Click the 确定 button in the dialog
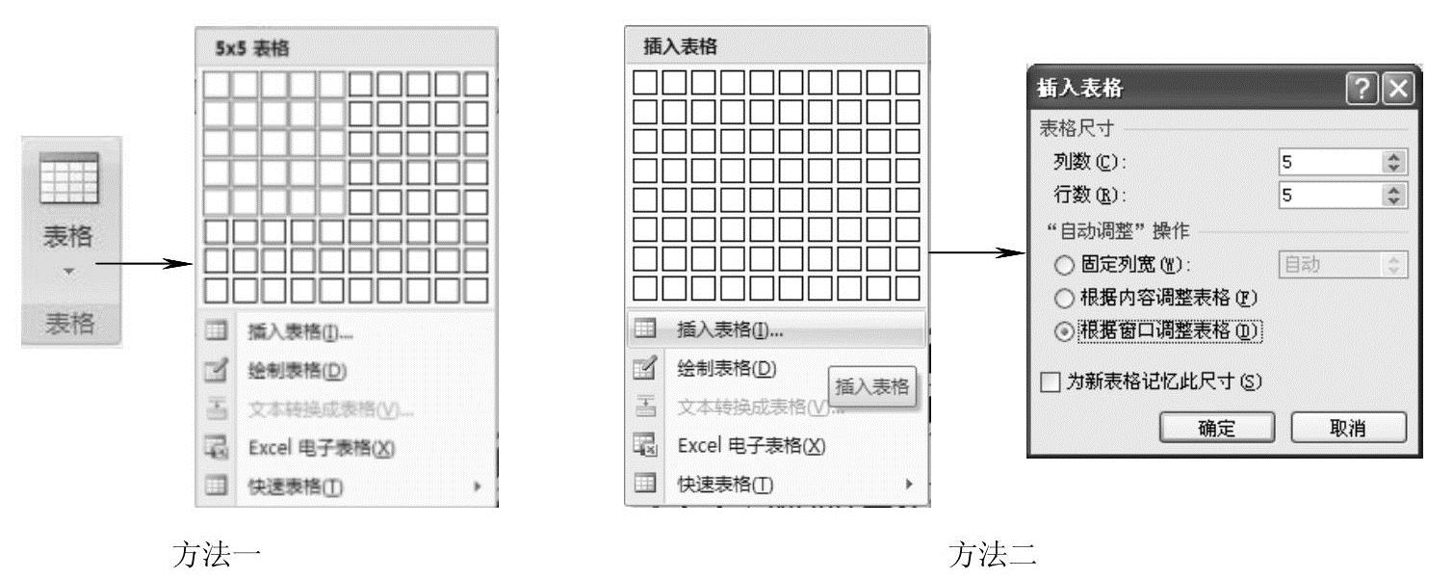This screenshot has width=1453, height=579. tap(1217, 428)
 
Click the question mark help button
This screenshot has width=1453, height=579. tap(1363, 90)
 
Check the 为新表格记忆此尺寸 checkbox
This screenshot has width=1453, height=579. tap(1051, 382)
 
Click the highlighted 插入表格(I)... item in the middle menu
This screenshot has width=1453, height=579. tap(730, 329)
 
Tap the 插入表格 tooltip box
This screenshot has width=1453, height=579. tap(871, 386)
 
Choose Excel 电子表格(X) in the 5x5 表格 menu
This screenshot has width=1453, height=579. tap(308, 448)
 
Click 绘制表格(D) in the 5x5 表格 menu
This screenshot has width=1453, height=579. tap(296, 370)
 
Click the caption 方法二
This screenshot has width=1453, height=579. tap(992, 554)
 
